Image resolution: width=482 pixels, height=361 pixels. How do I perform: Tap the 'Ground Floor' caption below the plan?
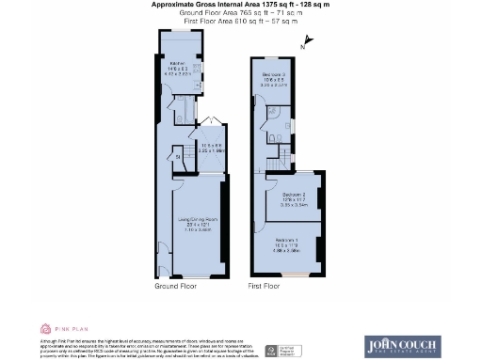coord(174,284)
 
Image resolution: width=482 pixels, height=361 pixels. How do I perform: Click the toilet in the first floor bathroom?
coord(271,139)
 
